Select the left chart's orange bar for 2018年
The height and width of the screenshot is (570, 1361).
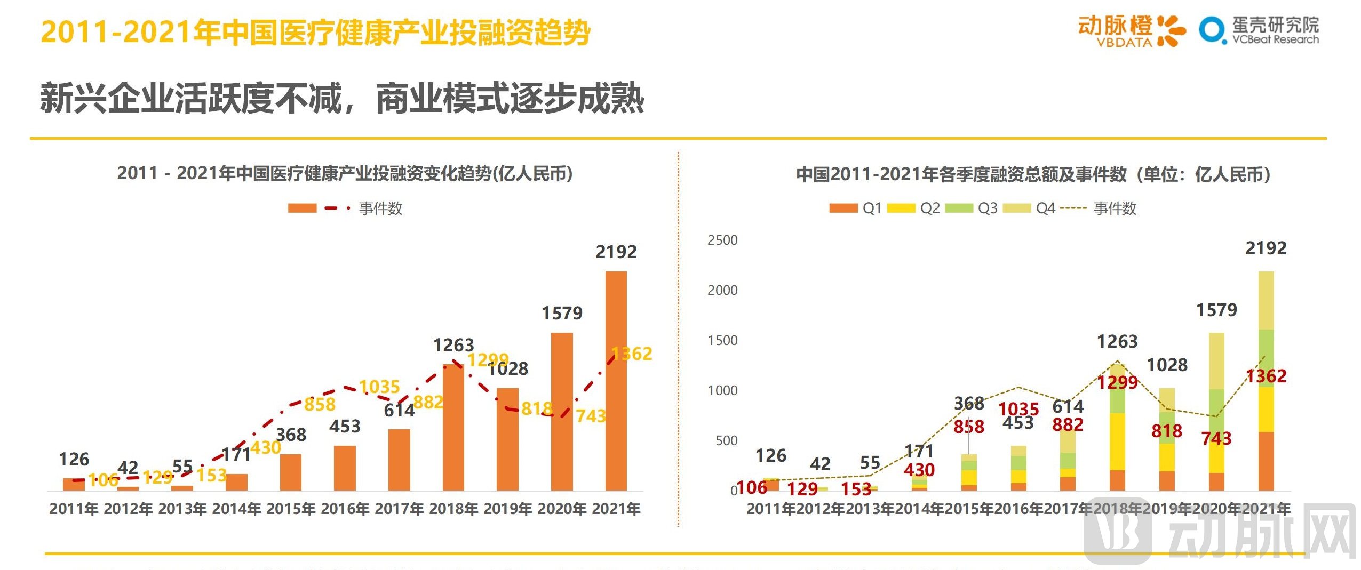pyautogui.click(x=453, y=427)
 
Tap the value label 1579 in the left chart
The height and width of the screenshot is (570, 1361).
pyautogui.click(x=562, y=313)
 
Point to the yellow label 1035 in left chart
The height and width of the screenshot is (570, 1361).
pyautogui.click(x=379, y=387)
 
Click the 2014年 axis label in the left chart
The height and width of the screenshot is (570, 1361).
pyautogui.click(x=236, y=509)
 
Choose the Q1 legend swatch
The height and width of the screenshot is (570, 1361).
pyautogui.click(x=843, y=208)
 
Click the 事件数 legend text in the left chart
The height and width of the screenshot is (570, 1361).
pyautogui.click(x=380, y=208)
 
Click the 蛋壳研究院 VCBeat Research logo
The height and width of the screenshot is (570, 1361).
pyautogui.click(x=1259, y=31)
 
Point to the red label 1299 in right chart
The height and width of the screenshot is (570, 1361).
pyautogui.click(x=1117, y=382)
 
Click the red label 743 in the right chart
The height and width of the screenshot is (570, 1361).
pyautogui.click(x=1216, y=438)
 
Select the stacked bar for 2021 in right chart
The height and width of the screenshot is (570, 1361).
pyautogui.click(x=1266, y=381)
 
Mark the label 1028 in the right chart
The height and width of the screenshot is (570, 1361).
pyautogui.click(x=1167, y=365)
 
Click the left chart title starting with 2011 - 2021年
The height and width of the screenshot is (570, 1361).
pyautogui.click(x=345, y=173)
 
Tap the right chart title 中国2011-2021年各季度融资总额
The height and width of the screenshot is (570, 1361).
pyautogui.click(x=1032, y=174)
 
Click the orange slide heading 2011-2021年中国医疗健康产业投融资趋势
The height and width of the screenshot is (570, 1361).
pyautogui.click(x=315, y=32)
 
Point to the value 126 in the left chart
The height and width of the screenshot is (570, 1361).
pyautogui.click(x=74, y=459)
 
